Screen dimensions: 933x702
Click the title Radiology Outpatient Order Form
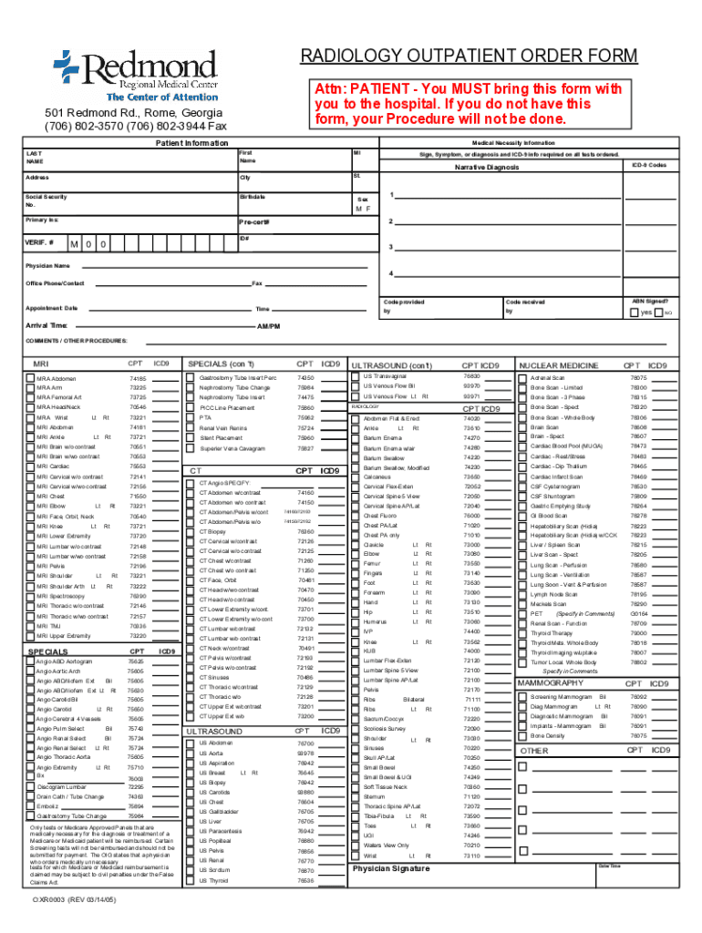[x=470, y=56]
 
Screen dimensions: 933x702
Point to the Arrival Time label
[x=46, y=325]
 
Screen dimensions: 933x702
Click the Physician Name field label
[x=48, y=265]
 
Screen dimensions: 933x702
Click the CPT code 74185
[x=138, y=378]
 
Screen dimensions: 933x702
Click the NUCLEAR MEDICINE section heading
[x=559, y=365]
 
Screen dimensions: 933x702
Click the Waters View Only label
[x=386, y=845]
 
